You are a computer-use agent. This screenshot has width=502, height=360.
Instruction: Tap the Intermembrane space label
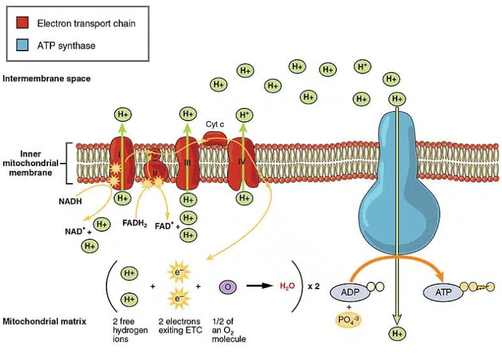(47, 79)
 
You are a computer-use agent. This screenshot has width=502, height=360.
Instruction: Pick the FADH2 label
(134, 225)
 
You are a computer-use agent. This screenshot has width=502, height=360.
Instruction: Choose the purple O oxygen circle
(228, 287)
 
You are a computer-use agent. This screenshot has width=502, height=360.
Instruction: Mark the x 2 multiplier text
(313, 287)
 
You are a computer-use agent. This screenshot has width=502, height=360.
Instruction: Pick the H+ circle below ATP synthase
(397, 333)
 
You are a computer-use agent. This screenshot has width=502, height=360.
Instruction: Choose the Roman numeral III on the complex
(187, 164)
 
